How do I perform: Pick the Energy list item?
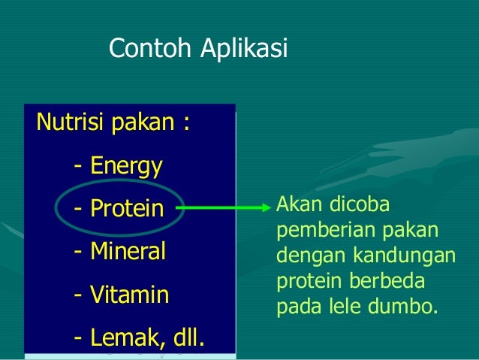tap(126, 166)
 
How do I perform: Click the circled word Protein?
tap(127, 208)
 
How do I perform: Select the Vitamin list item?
tap(130, 294)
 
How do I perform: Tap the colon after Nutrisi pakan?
tap(184, 123)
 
